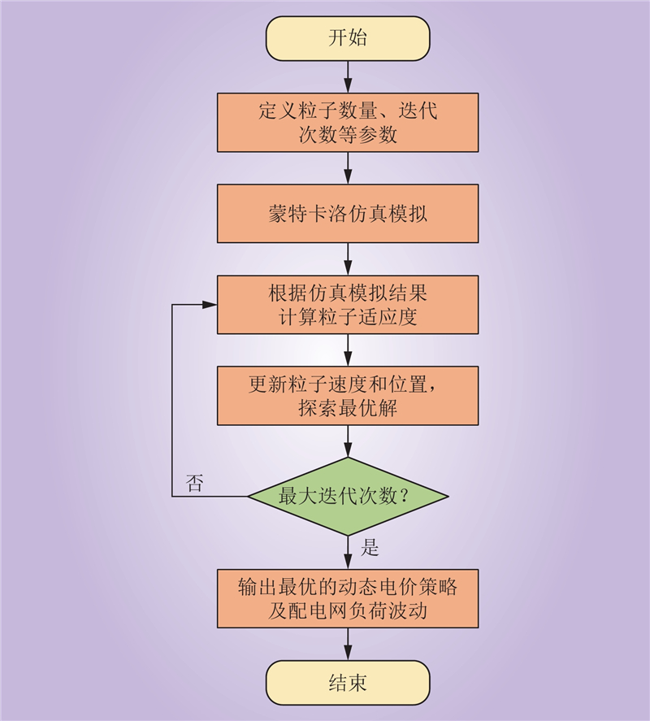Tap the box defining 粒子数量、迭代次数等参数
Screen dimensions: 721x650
[x=348, y=122]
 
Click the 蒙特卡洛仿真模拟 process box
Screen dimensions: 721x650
[x=348, y=215]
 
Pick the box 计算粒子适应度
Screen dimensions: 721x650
[x=348, y=304]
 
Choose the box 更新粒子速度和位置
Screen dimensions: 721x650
[x=348, y=394]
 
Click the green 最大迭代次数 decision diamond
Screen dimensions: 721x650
[x=348, y=496]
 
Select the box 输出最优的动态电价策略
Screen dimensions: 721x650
[x=348, y=597]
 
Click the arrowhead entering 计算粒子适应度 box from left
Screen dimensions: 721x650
[x=210, y=304]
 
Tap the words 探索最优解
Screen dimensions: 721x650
[x=348, y=408]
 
